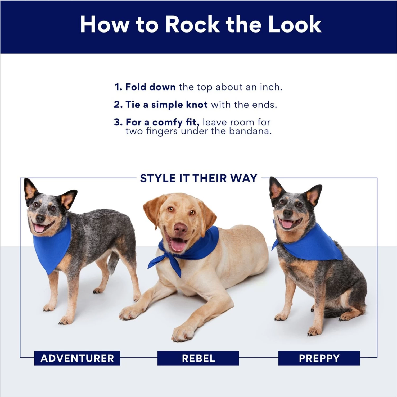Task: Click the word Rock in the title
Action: click(x=192, y=25)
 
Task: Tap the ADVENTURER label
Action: click(x=77, y=358)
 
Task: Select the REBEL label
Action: click(x=198, y=358)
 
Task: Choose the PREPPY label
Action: click(x=319, y=358)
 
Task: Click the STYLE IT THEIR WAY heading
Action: click(x=198, y=178)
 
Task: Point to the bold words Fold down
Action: click(x=150, y=87)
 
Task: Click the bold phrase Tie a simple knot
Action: click(x=166, y=105)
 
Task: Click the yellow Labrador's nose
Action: click(x=181, y=228)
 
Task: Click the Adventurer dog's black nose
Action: click(x=40, y=218)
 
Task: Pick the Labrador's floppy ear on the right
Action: click(x=208, y=214)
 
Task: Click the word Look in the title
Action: click(x=295, y=25)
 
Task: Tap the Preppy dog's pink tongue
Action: click(x=287, y=224)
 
